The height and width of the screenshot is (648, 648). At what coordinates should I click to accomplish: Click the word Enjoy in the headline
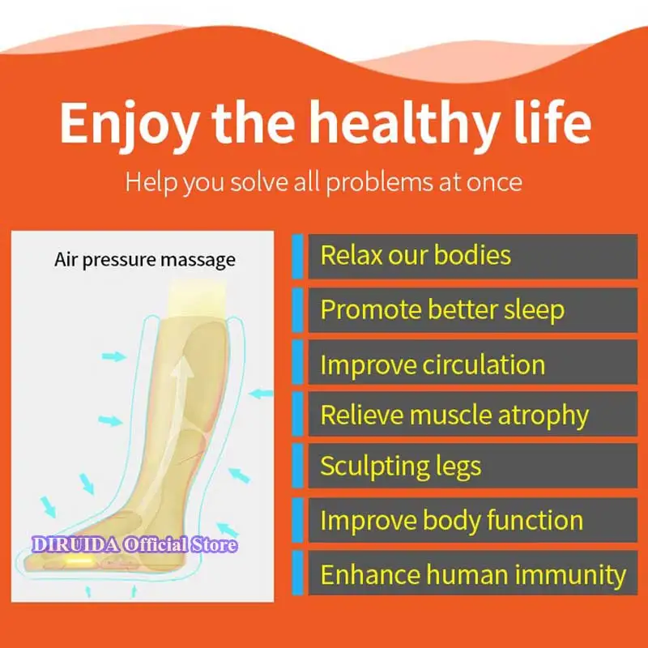pos(129,123)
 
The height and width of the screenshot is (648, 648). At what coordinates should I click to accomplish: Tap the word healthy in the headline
pos(404,123)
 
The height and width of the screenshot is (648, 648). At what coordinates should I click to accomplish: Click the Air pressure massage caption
pos(145,260)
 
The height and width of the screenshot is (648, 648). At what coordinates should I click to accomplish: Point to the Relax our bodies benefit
pos(416,255)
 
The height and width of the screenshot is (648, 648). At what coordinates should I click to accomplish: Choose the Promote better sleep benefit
pos(442,310)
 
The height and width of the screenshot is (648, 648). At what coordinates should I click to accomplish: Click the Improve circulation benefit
pos(433,365)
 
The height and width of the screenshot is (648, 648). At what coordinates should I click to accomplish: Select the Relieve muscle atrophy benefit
pos(454,415)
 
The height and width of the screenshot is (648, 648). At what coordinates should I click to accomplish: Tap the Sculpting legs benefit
pos(401,467)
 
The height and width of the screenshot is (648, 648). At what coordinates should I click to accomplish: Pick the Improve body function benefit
pos(452,520)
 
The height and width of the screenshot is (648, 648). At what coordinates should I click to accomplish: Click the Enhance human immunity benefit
pos(473,575)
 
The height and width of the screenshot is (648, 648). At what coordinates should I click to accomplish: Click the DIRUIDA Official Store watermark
pos(134,544)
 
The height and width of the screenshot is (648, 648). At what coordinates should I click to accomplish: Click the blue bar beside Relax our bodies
pos(297,256)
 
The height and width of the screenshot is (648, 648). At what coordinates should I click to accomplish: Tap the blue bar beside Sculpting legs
pos(297,466)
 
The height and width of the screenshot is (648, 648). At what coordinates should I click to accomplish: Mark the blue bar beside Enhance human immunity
pos(297,573)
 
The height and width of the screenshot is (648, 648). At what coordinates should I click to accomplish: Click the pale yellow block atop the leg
pos(197,298)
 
